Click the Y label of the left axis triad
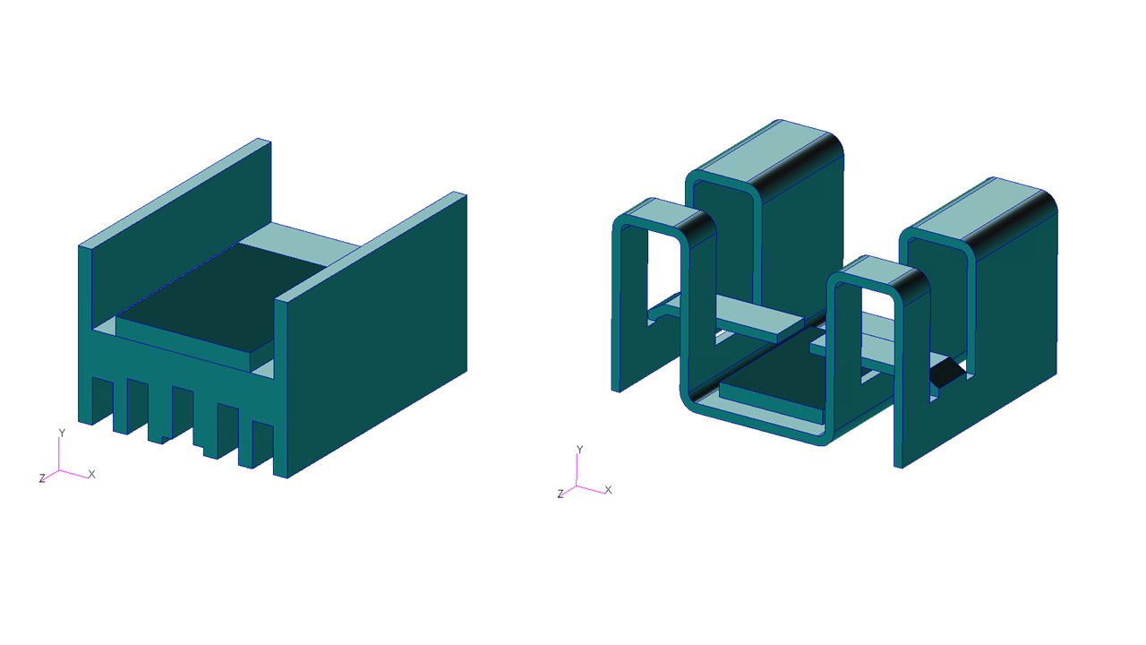pyautogui.click(x=62, y=433)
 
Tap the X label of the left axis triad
pyautogui.click(x=92, y=475)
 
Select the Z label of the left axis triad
pyautogui.click(x=42, y=478)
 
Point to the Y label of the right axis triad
pyautogui.click(x=579, y=450)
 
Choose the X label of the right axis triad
pyautogui.click(x=608, y=490)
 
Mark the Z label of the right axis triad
pyautogui.click(x=560, y=494)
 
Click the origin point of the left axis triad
pyautogui.click(x=59, y=470)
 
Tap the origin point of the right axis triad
pyautogui.click(x=577, y=486)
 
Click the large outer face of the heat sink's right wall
pyautogui.click(x=377, y=335)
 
